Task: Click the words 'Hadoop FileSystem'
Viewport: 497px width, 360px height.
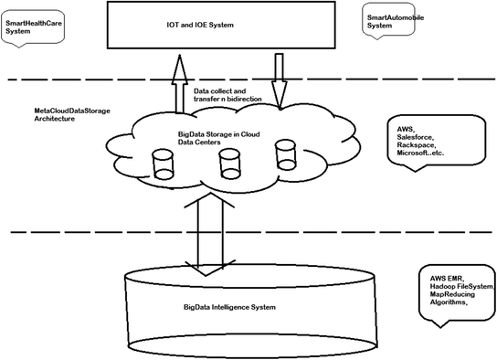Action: pyautogui.click(x=458, y=287)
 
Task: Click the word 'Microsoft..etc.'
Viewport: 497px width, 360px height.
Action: pyautogui.click(x=422, y=154)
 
